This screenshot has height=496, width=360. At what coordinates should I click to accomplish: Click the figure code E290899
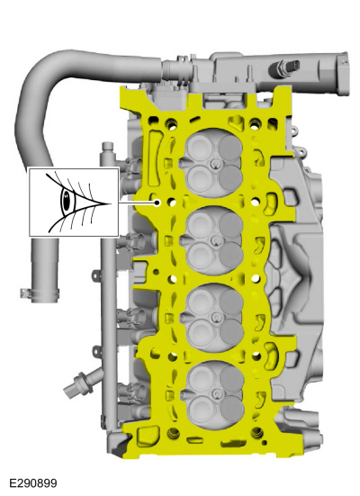pos(33,483)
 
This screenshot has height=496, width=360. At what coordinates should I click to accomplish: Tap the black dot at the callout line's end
pos(157,203)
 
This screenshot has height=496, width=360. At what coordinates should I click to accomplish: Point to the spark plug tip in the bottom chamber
pos(217,393)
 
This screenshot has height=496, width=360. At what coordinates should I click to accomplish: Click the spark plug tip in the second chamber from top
pos(215,240)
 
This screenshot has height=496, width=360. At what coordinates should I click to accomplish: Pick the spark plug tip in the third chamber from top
pos(216,317)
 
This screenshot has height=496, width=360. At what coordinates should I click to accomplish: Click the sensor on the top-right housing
pos(283,68)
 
